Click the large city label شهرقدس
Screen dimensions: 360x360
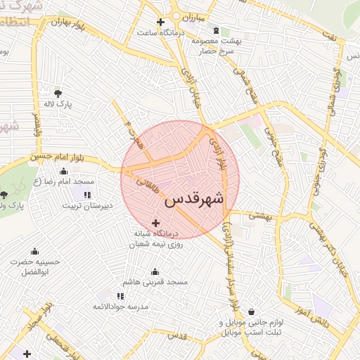click(193, 200)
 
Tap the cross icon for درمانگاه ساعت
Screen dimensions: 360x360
click(161, 22)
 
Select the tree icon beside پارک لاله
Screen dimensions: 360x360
click(57, 93)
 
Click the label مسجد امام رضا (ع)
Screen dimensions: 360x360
click(64, 182)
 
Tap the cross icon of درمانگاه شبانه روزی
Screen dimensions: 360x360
click(155, 223)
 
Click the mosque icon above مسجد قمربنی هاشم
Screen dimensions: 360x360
click(155, 272)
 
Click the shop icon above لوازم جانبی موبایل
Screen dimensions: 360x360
click(250, 312)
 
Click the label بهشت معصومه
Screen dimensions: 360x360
click(217, 41)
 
